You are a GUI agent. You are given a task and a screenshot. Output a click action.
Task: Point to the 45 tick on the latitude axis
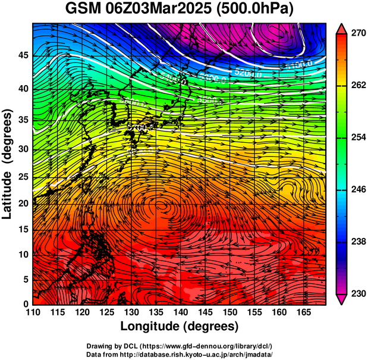pos(23,55)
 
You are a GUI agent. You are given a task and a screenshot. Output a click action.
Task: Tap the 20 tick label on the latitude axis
pos(23,203)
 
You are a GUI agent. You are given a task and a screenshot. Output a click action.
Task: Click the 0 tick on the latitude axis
pos(26,303)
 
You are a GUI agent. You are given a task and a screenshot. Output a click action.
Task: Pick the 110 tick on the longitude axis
pos(33,312)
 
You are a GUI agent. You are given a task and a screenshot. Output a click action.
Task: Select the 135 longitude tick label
pos(155,312)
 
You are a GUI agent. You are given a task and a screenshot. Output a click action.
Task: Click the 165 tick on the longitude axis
pos(302,312)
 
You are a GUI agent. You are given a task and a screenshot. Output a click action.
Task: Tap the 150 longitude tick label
pos(229,312)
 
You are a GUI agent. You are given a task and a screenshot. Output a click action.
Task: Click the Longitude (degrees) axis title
pos(180,326)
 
